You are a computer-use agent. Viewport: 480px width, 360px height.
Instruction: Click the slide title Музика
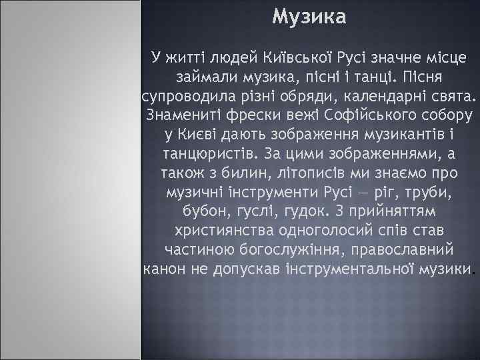tap(309, 17)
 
